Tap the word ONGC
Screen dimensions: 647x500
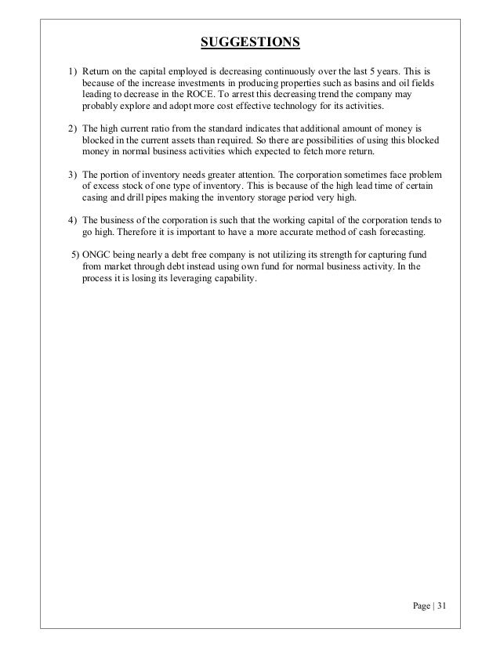(97, 255)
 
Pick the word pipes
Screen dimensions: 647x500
(155, 197)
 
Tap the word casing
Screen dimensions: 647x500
(96, 197)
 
